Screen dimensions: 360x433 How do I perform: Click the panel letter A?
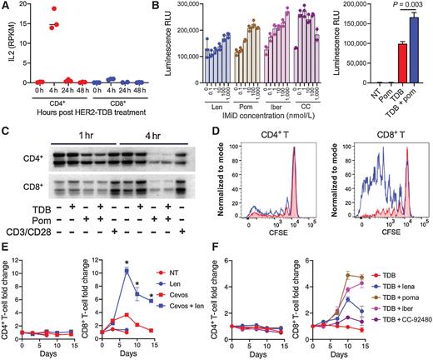6,7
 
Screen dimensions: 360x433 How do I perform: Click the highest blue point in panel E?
125,270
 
